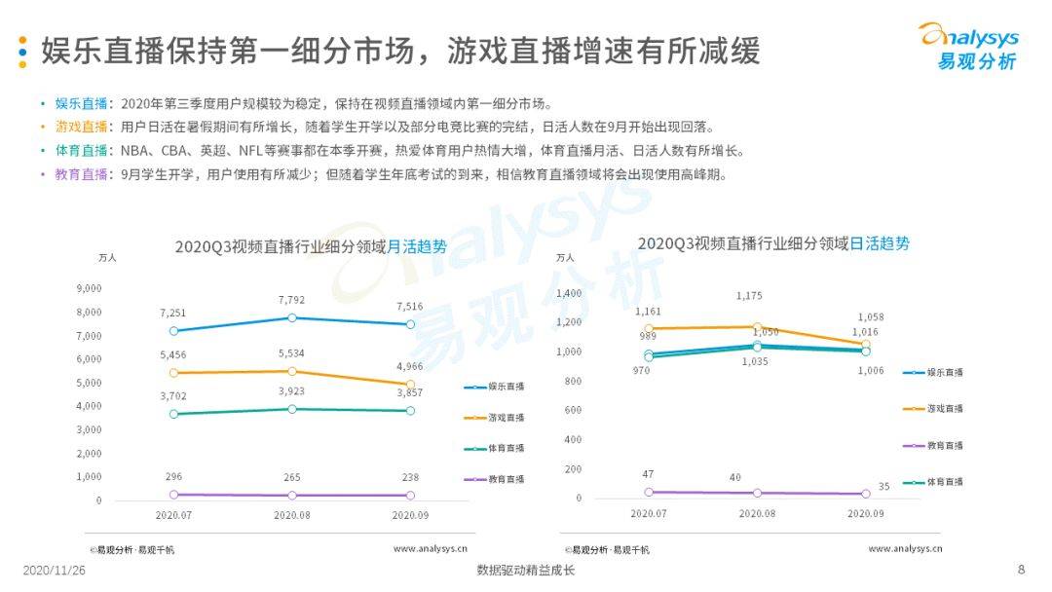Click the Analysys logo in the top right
tap(968, 47)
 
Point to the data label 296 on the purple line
tap(173, 476)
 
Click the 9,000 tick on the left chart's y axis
tap(89, 288)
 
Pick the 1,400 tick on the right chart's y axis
tap(568, 293)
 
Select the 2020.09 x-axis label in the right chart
tap(865, 513)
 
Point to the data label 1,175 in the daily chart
tap(749, 295)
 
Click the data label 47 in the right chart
tap(649, 473)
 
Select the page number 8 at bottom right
tap(1021, 570)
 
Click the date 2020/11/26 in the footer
tap(55, 571)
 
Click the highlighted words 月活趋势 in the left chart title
tap(417, 246)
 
